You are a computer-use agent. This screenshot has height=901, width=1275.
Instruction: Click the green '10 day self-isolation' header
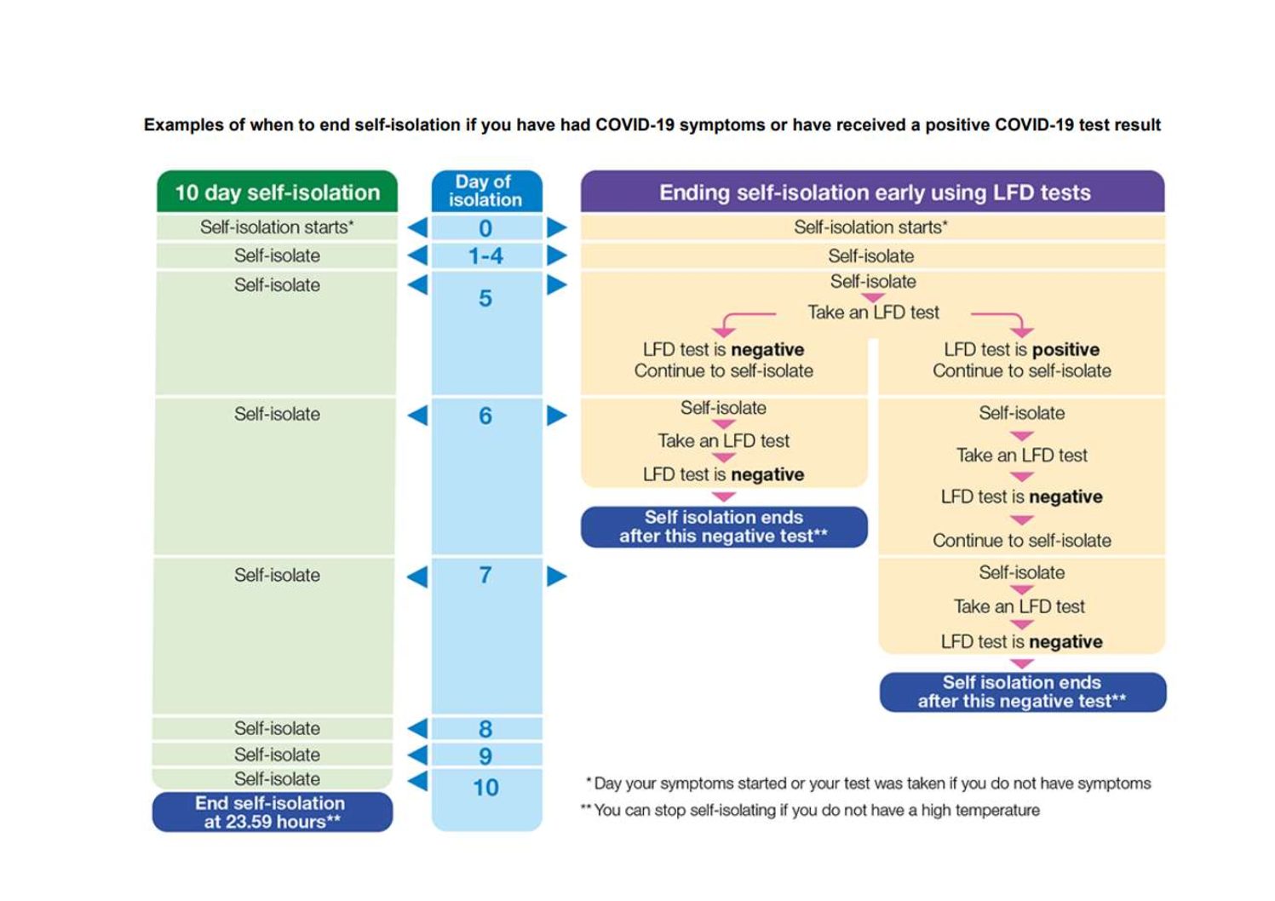pyautogui.click(x=277, y=192)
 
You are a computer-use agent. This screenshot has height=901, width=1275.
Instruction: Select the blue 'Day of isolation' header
pyautogui.click(x=486, y=191)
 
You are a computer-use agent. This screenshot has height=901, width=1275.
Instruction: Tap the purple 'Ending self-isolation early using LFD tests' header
pyautogui.click(x=873, y=192)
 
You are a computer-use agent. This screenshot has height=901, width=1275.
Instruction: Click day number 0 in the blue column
pyautogui.click(x=485, y=228)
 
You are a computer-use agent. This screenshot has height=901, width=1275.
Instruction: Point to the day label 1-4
pyautogui.click(x=485, y=256)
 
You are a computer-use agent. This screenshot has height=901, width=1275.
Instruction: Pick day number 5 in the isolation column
pyautogui.click(x=485, y=298)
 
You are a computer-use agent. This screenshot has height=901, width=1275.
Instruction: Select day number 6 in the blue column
pyautogui.click(x=485, y=416)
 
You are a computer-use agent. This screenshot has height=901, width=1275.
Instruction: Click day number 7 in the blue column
pyautogui.click(x=485, y=575)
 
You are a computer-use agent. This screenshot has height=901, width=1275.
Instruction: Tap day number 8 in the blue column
pyautogui.click(x=485, y=728)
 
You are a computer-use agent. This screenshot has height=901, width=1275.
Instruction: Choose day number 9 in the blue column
pyautogui.click(x=485, y=756)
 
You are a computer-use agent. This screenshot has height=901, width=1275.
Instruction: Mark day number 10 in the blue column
pyautogui.click(x=485, y=788)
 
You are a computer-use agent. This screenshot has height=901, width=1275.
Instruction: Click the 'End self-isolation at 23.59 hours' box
pyautogui.click(x=272, y=812)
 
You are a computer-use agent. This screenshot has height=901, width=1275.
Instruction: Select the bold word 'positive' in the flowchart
pyautogui.click(x=1066, y=349)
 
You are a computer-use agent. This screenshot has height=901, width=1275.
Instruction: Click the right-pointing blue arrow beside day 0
pyautogui.click(x=557, y=227)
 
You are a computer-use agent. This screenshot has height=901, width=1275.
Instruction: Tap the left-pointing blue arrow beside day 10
pyautogui.click(x=418, y=781)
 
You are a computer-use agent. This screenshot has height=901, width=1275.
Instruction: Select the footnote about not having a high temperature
pyautogui.click(x=809, y=810)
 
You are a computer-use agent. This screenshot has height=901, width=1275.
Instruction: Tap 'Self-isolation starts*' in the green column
pyautogui.click(x=277, y=227)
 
